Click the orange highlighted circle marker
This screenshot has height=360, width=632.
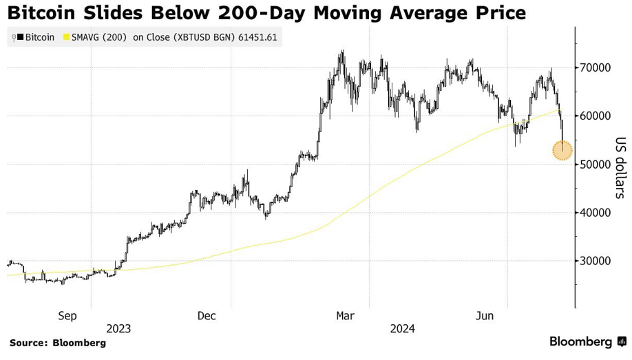point(562,150)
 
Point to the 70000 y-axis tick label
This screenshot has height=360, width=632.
point(596,68)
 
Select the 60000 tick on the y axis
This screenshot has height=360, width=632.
point(596,116)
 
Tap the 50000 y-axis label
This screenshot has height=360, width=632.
point(596,165)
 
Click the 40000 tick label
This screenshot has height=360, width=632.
point(596,213)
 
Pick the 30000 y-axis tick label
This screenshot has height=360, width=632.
point(596,261)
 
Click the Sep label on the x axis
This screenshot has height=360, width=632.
point(67,316)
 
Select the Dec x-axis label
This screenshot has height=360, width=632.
point(207,316)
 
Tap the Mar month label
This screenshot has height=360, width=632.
point(345,316)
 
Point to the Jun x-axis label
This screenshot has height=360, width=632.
point(485,316)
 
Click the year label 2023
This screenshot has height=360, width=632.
point(118,328)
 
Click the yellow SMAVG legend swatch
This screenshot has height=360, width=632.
point(66,37)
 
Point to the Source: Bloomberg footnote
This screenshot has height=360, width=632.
point(57,343)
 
